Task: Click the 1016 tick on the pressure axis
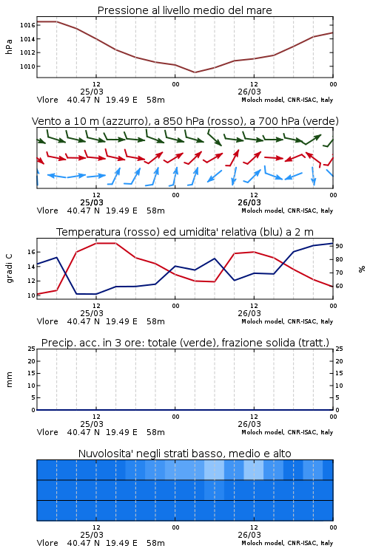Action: [27, 25]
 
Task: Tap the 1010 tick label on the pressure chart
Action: [27, 66]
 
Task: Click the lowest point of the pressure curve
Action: [195, 72]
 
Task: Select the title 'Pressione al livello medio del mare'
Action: [185, 10]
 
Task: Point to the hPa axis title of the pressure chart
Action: [9, 47]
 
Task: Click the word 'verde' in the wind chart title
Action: [321, 121]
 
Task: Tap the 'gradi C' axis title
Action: [9, 269]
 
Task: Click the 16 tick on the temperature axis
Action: [31, 253]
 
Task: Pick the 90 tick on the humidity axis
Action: [339, 246]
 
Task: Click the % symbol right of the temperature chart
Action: [362, 269]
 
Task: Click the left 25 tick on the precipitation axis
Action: [32, 349]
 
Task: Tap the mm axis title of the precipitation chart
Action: [9, 380]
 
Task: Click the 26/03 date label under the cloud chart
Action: [249, 535]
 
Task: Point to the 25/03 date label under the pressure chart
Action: [92, 92]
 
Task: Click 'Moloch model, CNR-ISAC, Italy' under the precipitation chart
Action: [287, 432]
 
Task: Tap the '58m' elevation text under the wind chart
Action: [156, 211]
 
